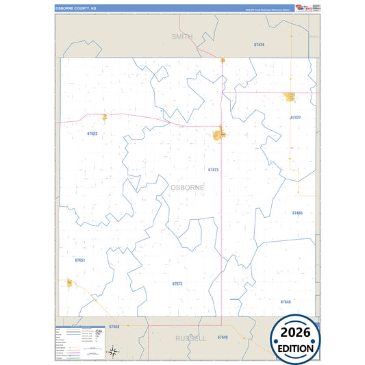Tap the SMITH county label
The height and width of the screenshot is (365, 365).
(x=182, y=36)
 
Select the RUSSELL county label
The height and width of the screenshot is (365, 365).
(x=190, y=338)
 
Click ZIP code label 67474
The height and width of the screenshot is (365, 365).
(x=259, y=45)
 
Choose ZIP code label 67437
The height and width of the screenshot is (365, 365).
(x=295, y=118)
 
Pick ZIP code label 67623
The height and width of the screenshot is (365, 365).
(x=92, y=134)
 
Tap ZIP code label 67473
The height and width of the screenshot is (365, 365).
(x=213, y=169)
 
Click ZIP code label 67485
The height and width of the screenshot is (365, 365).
(x=297, y=213)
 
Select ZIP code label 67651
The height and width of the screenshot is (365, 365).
(x=79, y=260)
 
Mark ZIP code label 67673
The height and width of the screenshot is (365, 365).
(x=177, y=283)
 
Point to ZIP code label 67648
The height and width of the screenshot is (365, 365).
(x=286, y=301)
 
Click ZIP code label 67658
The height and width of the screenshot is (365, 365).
(x=114, y=327)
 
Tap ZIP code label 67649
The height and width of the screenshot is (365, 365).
(x=222, y=338)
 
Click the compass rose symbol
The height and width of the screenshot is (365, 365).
(x=114, y=351)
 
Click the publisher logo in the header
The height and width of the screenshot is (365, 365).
(x=302, y=8)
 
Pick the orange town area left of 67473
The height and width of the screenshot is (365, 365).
(x=221, y=134)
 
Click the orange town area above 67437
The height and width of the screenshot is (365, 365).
(x=290, y=97)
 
